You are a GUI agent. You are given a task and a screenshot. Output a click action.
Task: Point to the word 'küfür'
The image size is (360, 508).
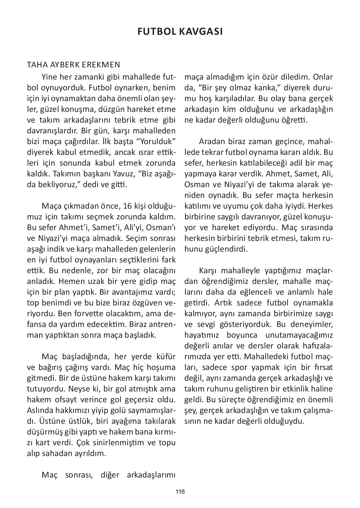click(x=165, y=356)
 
